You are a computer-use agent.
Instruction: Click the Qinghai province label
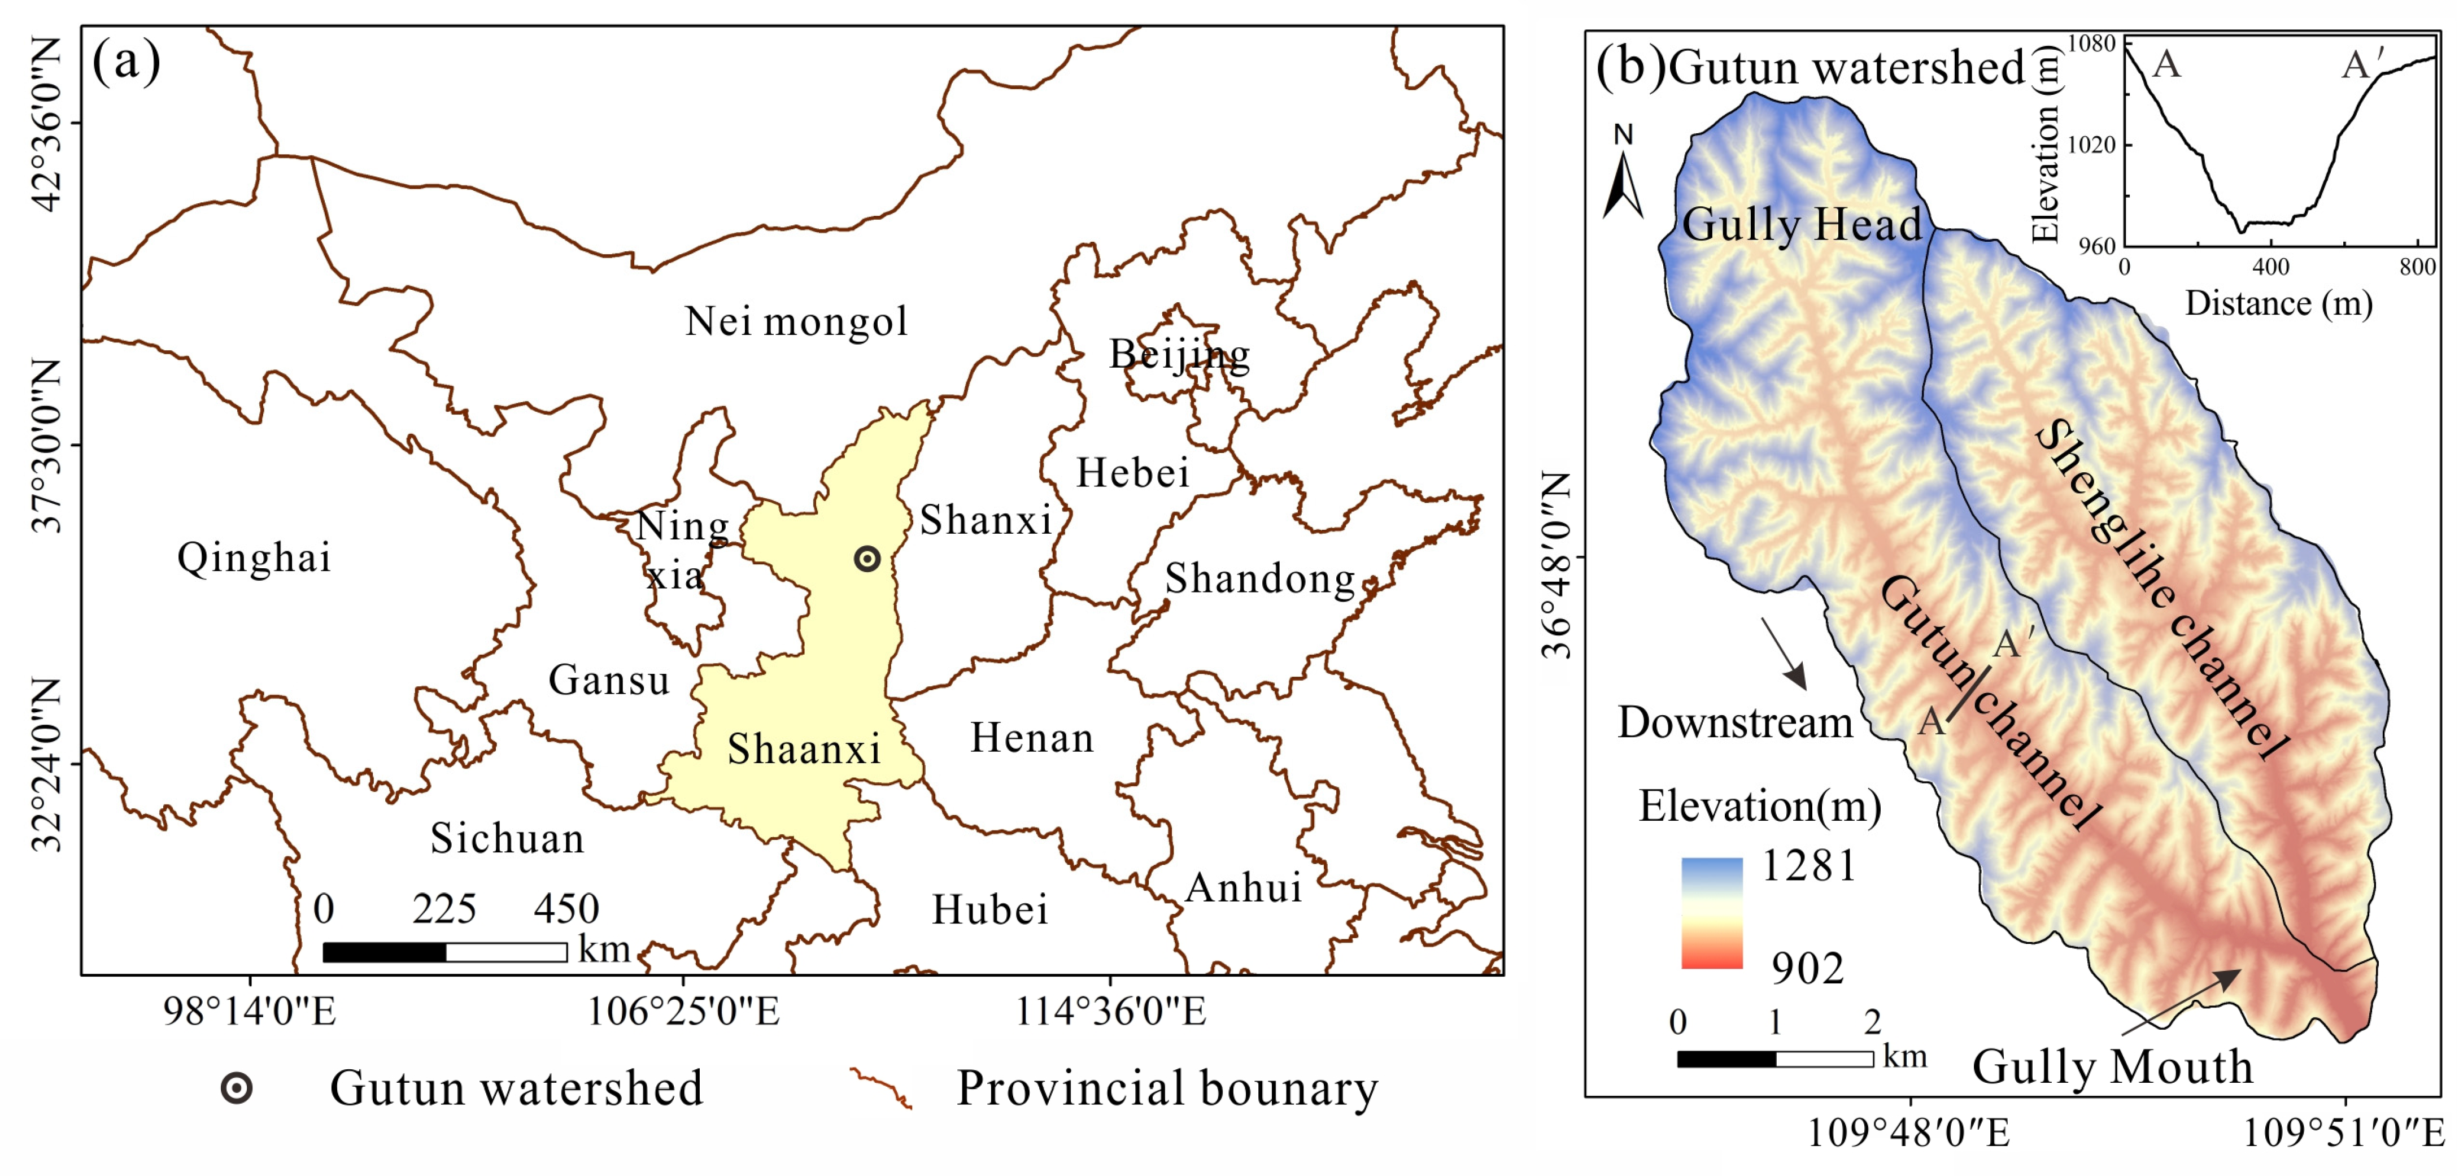coord(254,557)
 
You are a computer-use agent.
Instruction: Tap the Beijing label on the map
coord(1179,354)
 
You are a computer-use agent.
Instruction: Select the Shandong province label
coord(1260,578)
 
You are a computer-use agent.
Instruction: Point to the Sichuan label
coord(507,838)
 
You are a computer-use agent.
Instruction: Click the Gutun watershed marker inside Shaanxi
coord(867,559)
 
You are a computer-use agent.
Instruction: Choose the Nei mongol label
coord(796,322)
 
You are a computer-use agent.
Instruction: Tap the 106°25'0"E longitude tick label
coord(683,1012)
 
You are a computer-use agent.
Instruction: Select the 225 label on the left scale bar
coord(444,909)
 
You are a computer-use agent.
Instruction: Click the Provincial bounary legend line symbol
coord(880,1088)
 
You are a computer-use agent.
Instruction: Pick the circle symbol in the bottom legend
coord(237,1088)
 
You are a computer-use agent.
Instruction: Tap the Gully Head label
coord(1801,225)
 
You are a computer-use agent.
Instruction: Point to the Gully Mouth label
coord(2112,1066)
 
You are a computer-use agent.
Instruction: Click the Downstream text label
coord(1734,722)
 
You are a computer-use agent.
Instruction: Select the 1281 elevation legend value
coord(1808,866)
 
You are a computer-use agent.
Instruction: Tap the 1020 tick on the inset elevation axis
coord(2091,145)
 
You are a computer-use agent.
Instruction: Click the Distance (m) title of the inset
coord(2279,303)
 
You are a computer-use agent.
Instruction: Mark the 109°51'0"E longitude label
coord(2343,1133)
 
